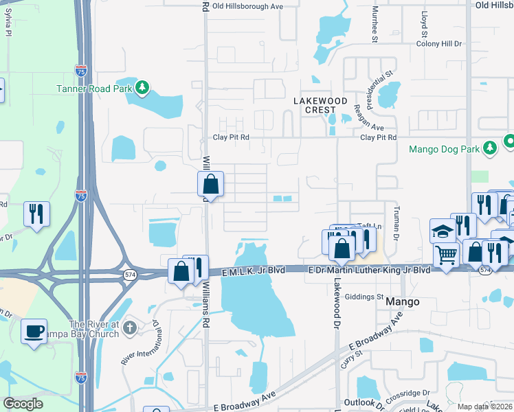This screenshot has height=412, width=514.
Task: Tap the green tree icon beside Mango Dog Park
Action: tap(490, 148)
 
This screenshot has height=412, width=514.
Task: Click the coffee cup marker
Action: tap(34, 332)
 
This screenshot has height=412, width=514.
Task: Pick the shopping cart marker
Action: tap(447, 255)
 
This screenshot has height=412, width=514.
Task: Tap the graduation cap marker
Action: tap(443, 232)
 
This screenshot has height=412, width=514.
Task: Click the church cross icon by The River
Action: tap(131, 329)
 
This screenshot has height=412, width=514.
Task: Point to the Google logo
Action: tap(23, 404)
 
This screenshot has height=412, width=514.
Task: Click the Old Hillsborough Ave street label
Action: tap(248, 6)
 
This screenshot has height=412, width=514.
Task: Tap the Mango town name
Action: tap(402, 301)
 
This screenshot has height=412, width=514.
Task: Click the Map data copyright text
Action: tap(485, 407)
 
